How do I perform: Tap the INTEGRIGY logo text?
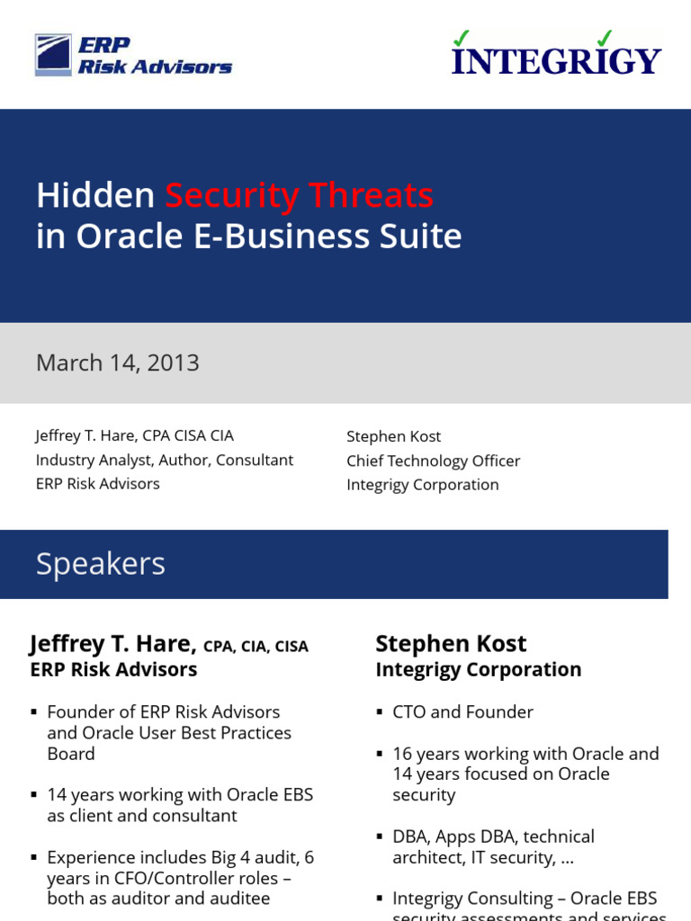[x=556, y=60]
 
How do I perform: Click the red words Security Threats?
[x=299, y=195]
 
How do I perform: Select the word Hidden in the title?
[x=95, y=195]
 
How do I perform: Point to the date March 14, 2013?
[x=118, y=363]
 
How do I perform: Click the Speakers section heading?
[x=101, y=564]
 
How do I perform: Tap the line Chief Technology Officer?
[x=433, y=460]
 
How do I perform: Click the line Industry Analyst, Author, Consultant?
[x=165, y=460]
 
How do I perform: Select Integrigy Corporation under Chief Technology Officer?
[x=423, y=485]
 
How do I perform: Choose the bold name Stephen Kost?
[x=451, y=644]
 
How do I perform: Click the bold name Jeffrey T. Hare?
[x=112, y=644]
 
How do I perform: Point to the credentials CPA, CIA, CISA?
[x=256, y=647]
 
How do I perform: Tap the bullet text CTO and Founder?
[x=462, y=712]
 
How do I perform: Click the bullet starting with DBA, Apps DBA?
[x=493, y=847]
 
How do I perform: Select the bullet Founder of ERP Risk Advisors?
[x=169, y=733]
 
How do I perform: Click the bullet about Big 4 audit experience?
[x=180, y=878]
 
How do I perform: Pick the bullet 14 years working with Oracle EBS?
[x=180, y=806]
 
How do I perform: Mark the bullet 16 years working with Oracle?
[x=525, y=774]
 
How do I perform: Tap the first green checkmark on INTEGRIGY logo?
[x=462, y=38]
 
